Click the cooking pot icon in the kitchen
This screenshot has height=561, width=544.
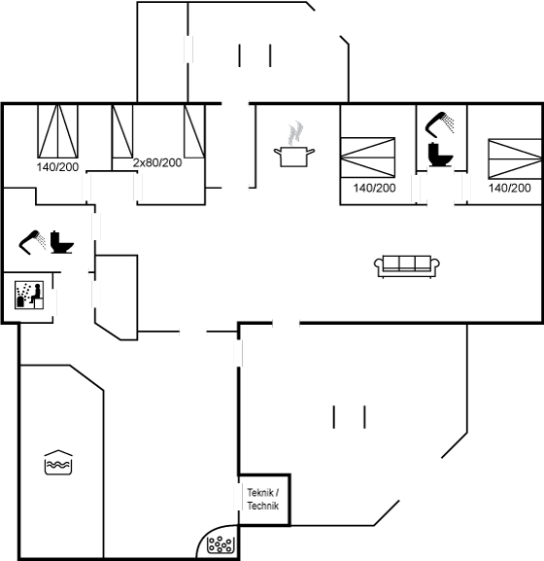pos(294,157)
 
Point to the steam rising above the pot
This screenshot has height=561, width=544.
pos(295,133)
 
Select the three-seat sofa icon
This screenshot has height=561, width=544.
pos(407,266)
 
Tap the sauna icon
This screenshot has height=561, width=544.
pos(29,295)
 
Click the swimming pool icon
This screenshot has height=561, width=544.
pos(58,462)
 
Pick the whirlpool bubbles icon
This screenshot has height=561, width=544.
pos(221,543)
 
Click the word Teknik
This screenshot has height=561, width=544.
pos(260,493)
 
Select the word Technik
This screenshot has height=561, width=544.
pos(263,506)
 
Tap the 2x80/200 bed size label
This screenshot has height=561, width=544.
pos(157,162)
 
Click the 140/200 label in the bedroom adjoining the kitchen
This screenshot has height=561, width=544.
pos(374,188)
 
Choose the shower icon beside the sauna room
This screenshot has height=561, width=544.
pos(32,242)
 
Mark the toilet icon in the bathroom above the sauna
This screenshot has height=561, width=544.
pos(62,242)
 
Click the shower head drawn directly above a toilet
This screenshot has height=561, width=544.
pos(439,124)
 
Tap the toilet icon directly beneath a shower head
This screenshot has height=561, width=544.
pos(441,155)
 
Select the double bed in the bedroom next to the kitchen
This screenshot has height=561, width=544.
pos(368,158)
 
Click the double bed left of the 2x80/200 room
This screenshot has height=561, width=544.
pos(57,131)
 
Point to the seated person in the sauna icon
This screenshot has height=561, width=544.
pos(36,294)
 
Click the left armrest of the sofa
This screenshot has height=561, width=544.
pos(378,264)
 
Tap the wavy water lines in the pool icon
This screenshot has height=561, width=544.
pos(58,465)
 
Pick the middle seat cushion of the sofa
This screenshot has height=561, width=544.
pos(407,263)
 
